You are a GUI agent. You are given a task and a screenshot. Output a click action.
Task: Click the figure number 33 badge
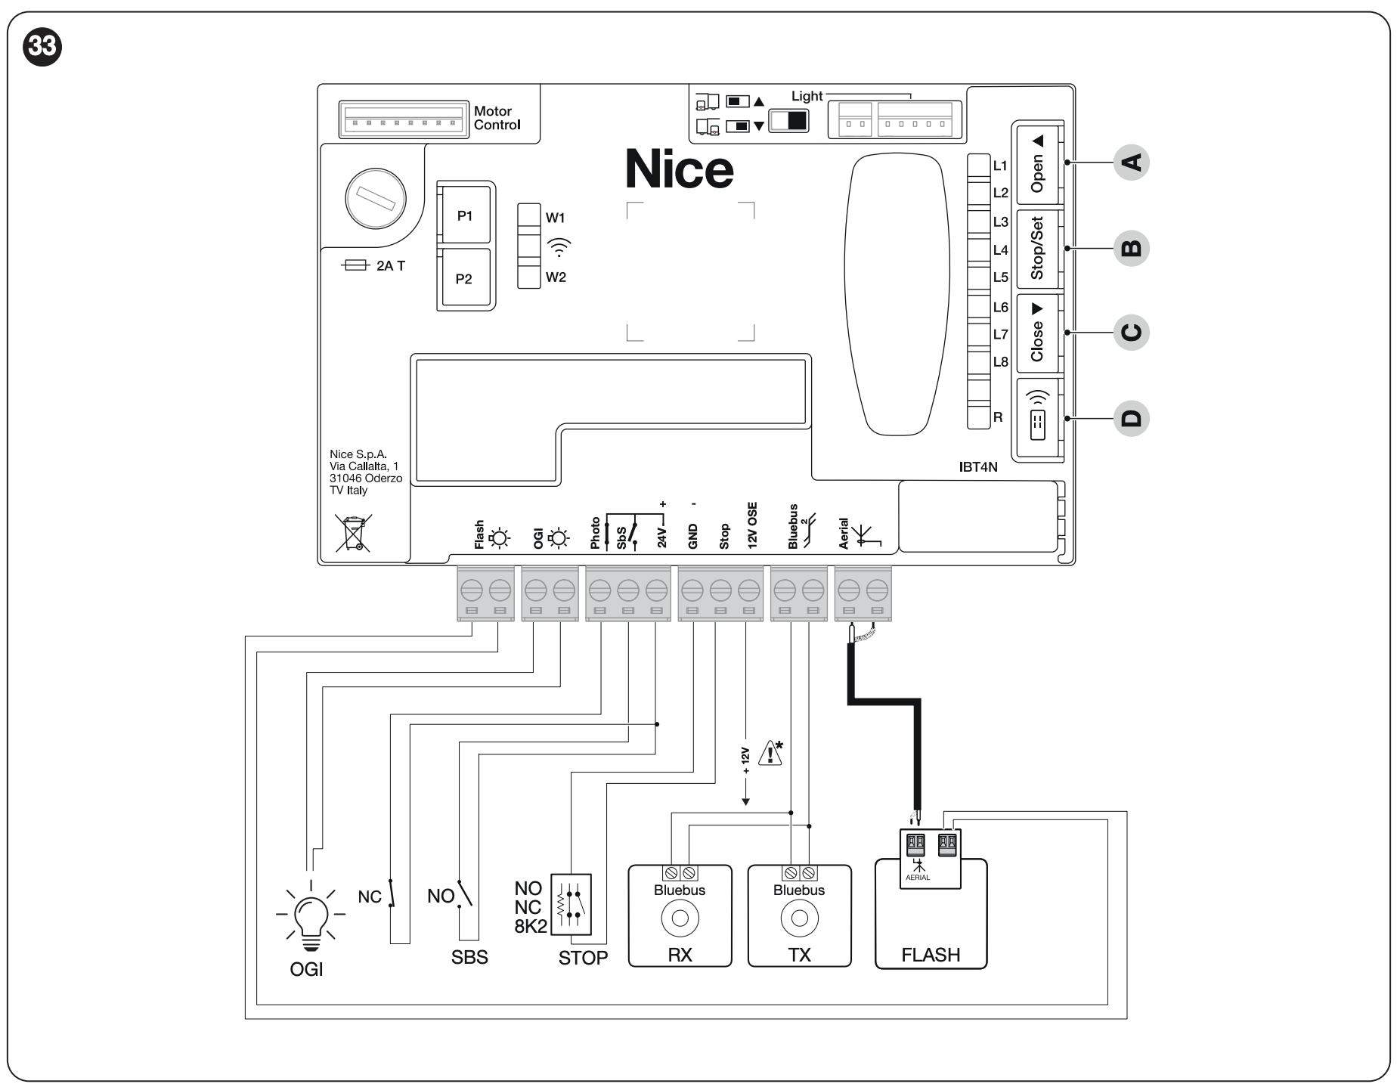click(43, 46)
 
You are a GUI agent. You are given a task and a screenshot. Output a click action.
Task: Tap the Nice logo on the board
click(679, 169)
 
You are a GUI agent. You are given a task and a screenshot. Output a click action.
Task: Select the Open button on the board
click(1037, 164)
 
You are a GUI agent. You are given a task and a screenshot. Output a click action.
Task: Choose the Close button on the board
click(1037, 333)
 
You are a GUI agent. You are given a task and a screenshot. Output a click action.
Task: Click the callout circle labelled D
click(1131, 419)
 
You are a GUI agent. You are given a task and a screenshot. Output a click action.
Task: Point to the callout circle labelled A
click(1131, 163)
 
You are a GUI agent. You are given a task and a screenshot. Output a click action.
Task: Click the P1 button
click(465, 216)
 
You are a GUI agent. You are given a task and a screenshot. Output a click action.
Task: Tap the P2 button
click(464, 279)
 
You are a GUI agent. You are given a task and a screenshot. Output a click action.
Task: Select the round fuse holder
click(375, 199)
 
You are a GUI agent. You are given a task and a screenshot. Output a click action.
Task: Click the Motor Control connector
click(404, 119)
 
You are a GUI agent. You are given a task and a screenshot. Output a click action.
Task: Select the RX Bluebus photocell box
click(680, 916)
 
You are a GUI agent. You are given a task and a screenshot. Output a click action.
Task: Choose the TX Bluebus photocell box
click(799, 916)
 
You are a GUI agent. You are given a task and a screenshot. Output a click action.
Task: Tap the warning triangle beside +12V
click(770, 753)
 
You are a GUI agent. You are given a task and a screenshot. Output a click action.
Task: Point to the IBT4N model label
click(978, 467)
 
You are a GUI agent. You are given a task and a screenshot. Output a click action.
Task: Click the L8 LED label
click(1000, 362)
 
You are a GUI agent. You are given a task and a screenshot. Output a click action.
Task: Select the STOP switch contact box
click(571, 906)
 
